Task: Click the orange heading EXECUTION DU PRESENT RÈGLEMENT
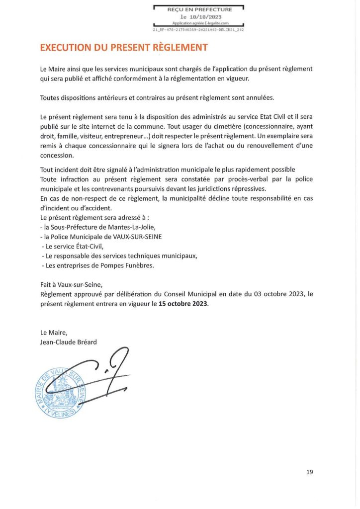123,48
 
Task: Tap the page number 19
310,472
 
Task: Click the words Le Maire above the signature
53,332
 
